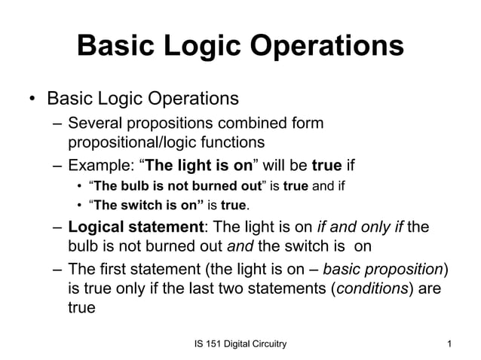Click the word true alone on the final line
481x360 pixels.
point(81,307)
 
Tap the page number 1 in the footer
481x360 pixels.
point(449,345)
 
